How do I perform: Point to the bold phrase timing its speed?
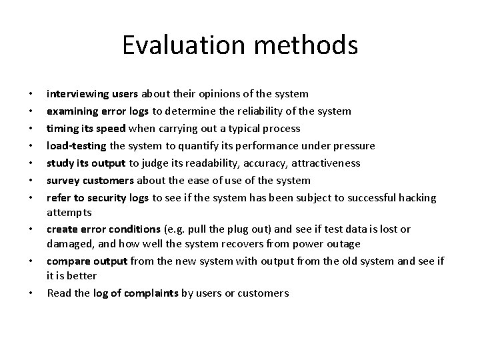(x=85, y=128)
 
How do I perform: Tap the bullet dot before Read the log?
(x=32, y=293)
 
